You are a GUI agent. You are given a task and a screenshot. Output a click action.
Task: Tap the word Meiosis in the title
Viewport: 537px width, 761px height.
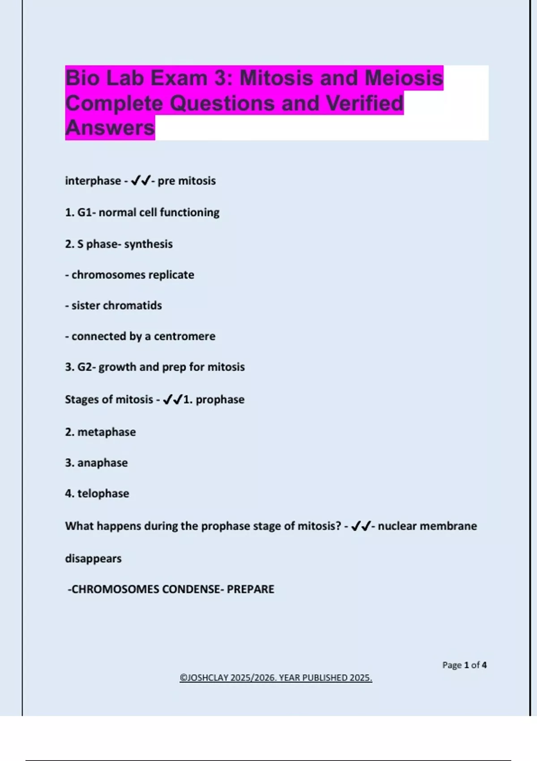tap(404, 78)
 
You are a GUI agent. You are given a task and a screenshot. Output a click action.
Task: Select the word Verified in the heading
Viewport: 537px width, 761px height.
tap(365, 103)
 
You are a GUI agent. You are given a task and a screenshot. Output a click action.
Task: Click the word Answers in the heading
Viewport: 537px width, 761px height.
tap(110, 128)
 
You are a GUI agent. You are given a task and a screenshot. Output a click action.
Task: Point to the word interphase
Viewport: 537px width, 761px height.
tap(93, 181)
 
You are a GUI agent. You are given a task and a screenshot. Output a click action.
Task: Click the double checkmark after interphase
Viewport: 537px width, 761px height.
tap(141, 181)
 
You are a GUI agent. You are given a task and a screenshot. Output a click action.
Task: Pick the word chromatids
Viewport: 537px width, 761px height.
tap(132, 305)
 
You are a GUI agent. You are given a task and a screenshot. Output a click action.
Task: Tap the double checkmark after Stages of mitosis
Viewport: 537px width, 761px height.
tap(173, 399)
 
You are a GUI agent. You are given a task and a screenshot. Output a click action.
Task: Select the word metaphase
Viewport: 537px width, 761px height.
tap(107, 432)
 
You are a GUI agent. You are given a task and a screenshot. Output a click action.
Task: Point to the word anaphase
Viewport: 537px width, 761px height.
tap(102, 463)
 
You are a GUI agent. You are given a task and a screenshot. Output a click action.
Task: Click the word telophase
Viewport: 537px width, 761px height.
tap(103, 493)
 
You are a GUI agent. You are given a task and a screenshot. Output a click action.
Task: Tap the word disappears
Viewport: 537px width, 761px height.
tap(93, 559)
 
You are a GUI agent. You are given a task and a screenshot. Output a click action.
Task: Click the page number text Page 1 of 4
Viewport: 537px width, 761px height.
tap(464, 665)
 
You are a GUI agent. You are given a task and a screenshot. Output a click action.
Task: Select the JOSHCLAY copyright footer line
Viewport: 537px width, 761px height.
tap(276, 678)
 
